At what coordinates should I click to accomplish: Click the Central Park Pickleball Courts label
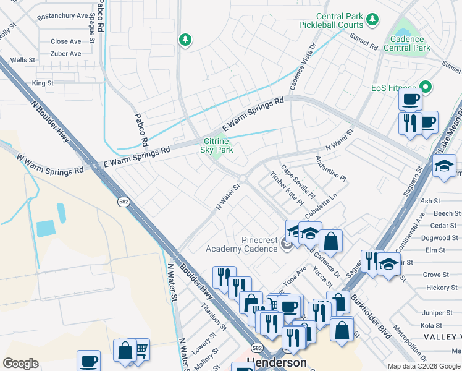tap(330, 20)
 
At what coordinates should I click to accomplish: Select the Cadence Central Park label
tap(406, 43)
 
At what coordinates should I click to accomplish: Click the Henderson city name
tap(277, 362)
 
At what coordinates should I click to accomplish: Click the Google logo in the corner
tap(20, 364)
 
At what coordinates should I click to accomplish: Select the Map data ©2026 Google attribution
tap(424, 366)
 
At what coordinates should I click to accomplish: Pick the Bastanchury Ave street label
tap(62, 15)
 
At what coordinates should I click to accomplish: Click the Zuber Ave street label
tap(66, 54)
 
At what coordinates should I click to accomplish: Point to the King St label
tap(43, 82)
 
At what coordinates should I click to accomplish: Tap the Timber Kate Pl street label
tap(287, 189)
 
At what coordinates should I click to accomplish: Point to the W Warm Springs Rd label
tap(51, 164)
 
